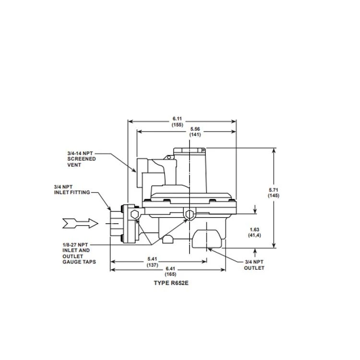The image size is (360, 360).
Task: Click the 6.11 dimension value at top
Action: (x=177, y=119)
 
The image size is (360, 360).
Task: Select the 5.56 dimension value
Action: (x=195, y=129)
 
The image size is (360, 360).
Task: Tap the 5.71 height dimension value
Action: (x=274, y=190)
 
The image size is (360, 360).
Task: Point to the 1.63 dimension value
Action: (x=254, y=229)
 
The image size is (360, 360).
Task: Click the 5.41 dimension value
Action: (x=152, y=259)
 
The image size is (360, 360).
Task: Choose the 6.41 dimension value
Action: (x=170, y=268)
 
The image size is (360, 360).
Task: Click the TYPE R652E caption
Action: (x=171, y=283)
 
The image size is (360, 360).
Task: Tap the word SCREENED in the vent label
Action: (x=82, y=159)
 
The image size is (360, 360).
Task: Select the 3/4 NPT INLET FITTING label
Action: (x=72, y=190)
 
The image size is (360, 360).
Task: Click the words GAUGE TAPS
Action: (x=79, y=262)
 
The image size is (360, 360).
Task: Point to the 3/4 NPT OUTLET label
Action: (x=254, y=265)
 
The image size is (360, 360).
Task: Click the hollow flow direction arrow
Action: (x=80, y=223)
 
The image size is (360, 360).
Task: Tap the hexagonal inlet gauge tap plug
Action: (x=134, y=215)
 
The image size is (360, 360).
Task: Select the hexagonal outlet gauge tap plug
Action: (x=190, y=215)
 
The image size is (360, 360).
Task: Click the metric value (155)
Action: (x=178, y=125)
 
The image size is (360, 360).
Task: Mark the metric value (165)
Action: (x=170, y=274)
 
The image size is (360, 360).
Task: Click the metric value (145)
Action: (x=274, y=196)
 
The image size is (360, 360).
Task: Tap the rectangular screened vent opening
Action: (x=143, y=173)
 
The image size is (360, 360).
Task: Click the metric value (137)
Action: (x=153, y=265)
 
